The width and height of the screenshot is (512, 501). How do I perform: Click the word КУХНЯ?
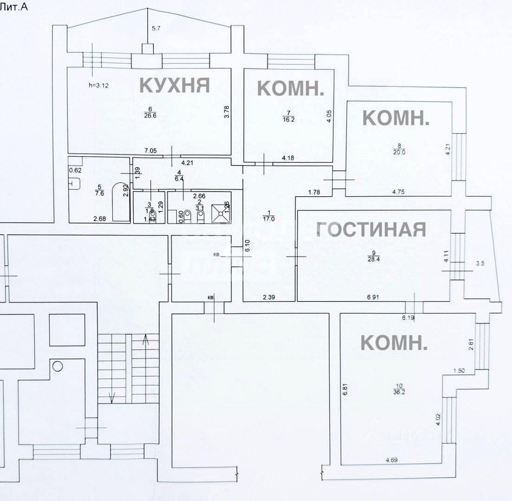tap(175, 85)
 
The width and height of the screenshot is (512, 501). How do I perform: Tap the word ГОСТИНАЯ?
tap(371, 229)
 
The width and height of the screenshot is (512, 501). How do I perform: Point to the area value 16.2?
tap(289, 119)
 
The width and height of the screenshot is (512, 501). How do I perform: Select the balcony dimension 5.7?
tap(156, 29)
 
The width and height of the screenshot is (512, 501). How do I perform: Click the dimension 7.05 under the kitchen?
tap(151, 150)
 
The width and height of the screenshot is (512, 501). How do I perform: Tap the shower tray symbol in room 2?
tap(220, 212)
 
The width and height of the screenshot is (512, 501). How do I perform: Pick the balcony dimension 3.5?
tap(480, 263)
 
